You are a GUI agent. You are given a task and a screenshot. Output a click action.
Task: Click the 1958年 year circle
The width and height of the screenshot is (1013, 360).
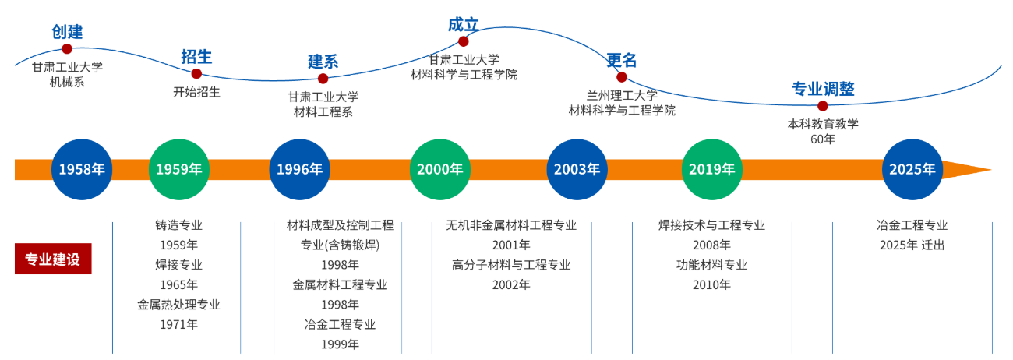[x=82, y=169]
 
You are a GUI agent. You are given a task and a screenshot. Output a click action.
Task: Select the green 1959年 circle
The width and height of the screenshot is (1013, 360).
[x=178, y=169]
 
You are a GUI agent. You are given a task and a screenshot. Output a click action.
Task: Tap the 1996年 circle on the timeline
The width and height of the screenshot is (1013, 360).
[x=299, y=169]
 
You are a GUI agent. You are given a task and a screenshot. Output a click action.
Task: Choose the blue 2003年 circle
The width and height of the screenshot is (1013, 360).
[x=577, y=169]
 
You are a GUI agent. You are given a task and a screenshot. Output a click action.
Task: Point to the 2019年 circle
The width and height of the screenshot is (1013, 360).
[x=712, y=169]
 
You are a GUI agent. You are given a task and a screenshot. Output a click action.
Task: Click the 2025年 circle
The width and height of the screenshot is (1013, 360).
[x=912, y=169]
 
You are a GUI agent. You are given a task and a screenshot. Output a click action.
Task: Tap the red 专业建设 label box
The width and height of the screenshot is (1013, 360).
[x=53, y=259]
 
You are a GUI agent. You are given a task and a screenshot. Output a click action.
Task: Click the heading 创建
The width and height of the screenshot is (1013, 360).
[x=67, y=32]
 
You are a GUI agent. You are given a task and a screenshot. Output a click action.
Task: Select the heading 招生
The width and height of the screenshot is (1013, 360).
[x=196, y=56]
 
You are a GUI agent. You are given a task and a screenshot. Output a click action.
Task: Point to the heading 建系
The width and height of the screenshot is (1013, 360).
[x=323, y=62]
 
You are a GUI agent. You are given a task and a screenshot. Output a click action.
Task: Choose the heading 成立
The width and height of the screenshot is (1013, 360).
[x=463, y=25]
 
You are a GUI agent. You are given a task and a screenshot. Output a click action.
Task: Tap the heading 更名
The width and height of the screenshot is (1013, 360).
[x=622, y=60]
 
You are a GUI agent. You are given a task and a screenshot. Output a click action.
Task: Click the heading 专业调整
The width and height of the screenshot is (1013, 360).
[x=823, y=89]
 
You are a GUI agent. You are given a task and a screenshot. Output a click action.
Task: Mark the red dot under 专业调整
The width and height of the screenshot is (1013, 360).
[x=822, y=106]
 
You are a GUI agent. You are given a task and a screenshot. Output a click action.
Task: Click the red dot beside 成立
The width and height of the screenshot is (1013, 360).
[x=464, y=41]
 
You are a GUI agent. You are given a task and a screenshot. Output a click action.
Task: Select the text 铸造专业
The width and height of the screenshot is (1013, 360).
[x=178, y=225]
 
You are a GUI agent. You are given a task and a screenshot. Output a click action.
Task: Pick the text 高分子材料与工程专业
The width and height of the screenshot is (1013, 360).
[x=511, y=265]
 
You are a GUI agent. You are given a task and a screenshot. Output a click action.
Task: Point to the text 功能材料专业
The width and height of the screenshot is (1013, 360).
[x=711, y=265]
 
